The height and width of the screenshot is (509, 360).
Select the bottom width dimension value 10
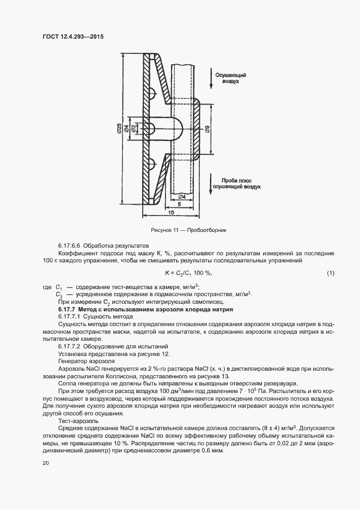click(170, 213)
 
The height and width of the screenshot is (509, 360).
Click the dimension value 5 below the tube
click(179, 205)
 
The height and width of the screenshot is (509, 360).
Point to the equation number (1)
click(331, 273)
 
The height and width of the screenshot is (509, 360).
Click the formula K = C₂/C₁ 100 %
click(188, 273)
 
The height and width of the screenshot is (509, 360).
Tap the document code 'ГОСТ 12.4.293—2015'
click(73, 37)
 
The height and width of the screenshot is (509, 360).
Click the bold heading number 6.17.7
click(68, 309)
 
